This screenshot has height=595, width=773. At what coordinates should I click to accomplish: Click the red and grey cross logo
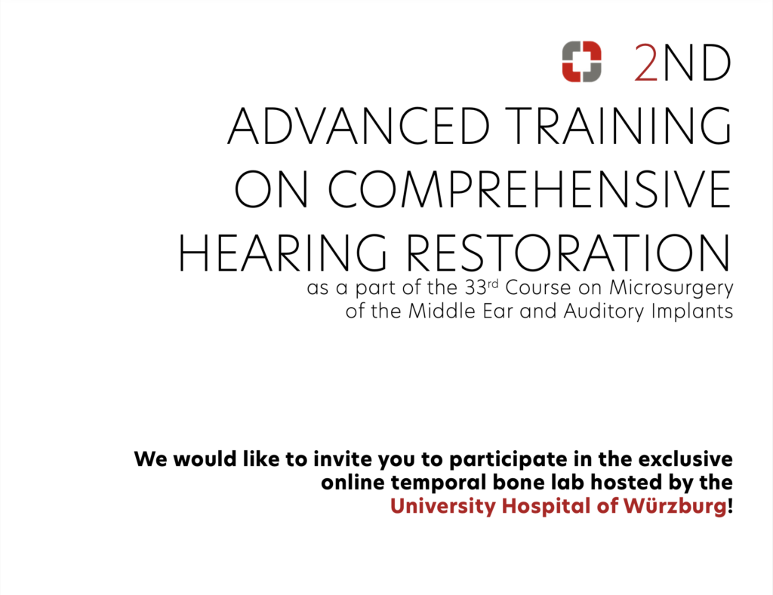(x=582, y=62)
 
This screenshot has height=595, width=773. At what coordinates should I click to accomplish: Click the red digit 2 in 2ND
(x=646, y=63)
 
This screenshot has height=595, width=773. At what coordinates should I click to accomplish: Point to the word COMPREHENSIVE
(x=530, y=189)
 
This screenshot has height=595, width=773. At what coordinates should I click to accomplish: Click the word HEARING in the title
(x=282, y=253)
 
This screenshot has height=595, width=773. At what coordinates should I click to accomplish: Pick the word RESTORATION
(x=567, y=253)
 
